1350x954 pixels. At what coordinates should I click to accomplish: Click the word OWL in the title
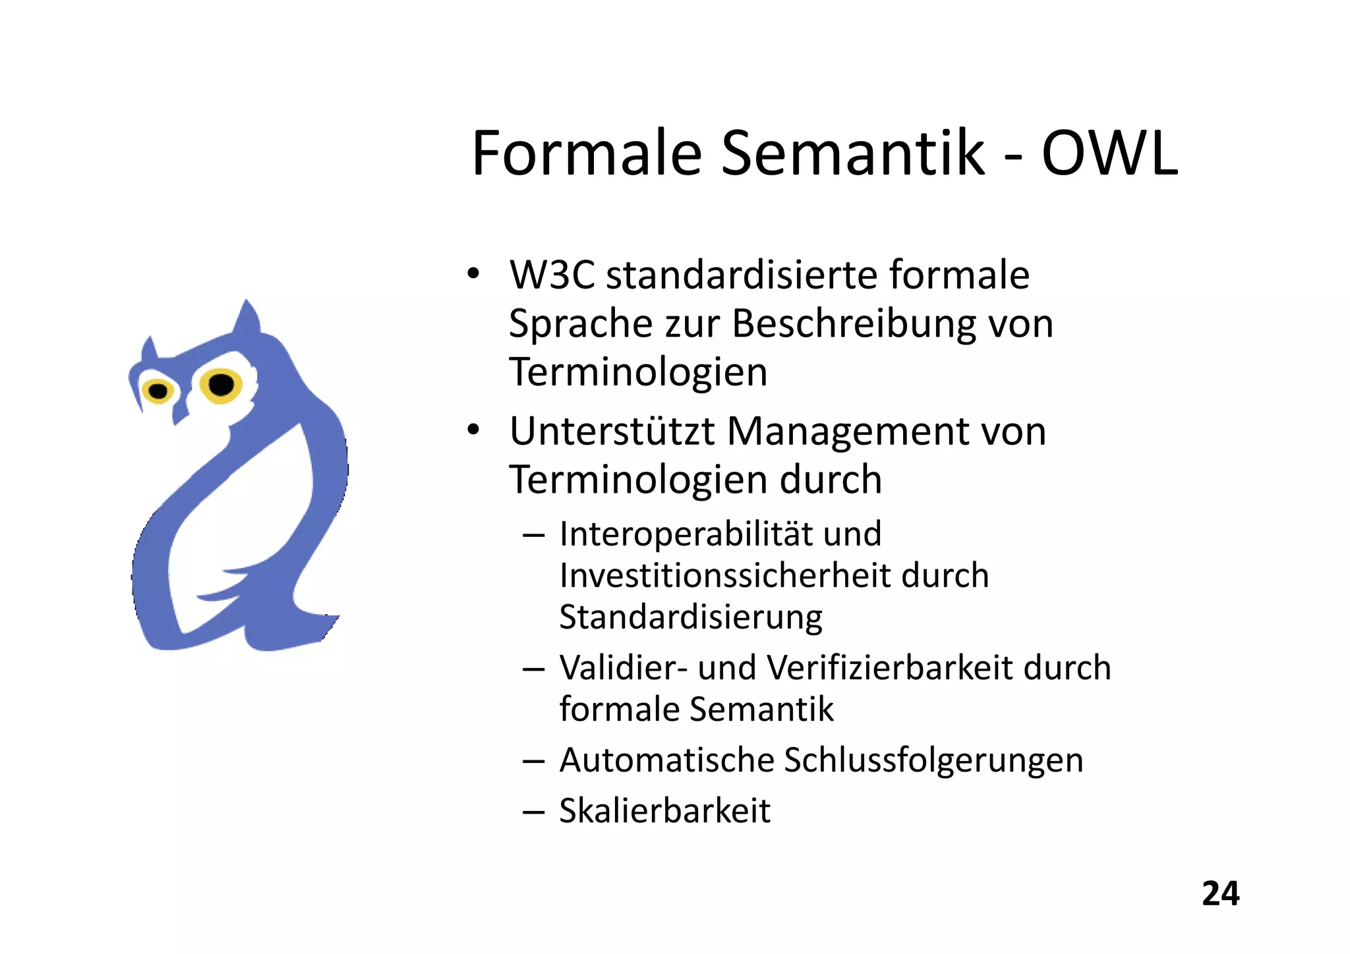coord(1109,154)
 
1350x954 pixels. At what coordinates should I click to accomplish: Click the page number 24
coord(1220,894)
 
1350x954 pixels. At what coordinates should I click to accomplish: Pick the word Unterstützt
coord(612,432)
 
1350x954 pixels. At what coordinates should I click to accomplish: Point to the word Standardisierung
coord(690,618)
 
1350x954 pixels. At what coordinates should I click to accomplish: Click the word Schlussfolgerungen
coord(933,760)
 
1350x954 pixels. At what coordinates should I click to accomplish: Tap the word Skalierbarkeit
coord(664,811)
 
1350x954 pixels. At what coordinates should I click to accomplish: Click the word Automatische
coord(666,760)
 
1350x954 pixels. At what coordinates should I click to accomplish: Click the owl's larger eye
coord(221,384)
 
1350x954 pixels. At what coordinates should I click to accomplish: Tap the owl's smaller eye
coord(158,391)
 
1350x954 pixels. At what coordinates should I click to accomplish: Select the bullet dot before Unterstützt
coord(473,430)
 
